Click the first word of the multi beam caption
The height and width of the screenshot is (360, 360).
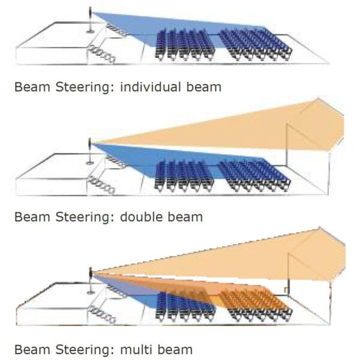point(34,349)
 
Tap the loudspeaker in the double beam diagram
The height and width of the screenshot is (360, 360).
point(91,144)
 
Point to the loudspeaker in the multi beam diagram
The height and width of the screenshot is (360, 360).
point(91,274)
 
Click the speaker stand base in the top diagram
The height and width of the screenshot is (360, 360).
point(90,30)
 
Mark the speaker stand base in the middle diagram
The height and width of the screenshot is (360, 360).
point(90,161)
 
